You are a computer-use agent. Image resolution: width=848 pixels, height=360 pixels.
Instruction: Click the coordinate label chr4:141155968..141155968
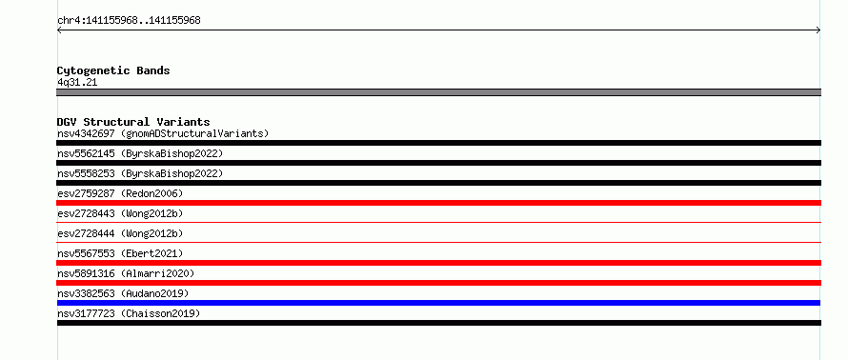tap(129, 21)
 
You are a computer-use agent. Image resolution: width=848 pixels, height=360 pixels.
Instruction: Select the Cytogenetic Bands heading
tap(113, 70)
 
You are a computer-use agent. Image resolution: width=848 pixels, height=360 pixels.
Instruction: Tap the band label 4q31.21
tap(77, 83)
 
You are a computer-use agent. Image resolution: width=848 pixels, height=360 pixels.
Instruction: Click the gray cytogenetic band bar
tap(438, 92)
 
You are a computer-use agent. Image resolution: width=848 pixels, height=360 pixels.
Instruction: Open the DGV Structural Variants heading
tap(133, 122)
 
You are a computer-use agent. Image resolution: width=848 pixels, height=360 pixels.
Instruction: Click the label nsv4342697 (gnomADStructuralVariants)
tap(163, 133)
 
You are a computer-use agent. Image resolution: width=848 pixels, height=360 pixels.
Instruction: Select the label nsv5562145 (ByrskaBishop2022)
tap(140, 153)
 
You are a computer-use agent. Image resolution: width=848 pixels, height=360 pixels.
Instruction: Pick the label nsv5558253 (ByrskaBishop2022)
tap(140, 173)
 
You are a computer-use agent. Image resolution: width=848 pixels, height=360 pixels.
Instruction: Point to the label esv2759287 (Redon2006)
tap(120, 193)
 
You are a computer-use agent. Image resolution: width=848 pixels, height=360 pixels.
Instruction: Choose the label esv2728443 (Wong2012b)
tap(120, 213)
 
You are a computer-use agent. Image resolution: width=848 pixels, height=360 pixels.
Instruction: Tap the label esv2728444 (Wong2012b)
tap(120, 233)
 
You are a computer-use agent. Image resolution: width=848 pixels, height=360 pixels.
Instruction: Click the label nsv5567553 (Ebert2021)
tap(120, 253)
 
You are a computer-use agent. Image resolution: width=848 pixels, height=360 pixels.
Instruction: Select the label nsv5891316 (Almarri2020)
tap(126, 273)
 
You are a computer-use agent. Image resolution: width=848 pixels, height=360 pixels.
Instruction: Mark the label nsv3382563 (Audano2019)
tap(123, 293)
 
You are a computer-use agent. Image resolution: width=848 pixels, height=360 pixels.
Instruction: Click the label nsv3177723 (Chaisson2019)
tap(129, 313)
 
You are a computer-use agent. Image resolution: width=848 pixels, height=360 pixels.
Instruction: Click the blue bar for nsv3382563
tap(438, 303)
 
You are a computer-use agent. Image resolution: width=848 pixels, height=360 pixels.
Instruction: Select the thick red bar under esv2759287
tap(438, 203)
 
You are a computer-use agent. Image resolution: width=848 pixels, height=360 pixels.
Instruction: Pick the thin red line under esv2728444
tap(438, 242)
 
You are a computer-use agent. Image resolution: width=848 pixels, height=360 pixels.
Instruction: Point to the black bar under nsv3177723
tap(438, 323)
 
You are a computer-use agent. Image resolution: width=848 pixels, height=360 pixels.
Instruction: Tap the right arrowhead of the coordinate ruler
tap(819, 30)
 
